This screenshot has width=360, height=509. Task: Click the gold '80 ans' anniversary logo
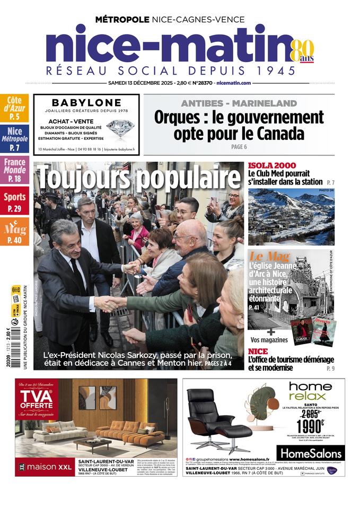(x=303, y=51)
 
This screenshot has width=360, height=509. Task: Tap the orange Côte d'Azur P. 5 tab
(x=14, y=108)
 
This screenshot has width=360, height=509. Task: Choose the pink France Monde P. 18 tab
(x=14, y=170)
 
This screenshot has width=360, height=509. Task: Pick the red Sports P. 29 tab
(x=14, y=202)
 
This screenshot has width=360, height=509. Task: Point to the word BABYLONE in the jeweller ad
(x=86, y=103)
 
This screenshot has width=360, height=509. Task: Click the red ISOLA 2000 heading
(x=272, y=165)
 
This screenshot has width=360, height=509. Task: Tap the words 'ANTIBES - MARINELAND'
(x=239, y=102)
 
